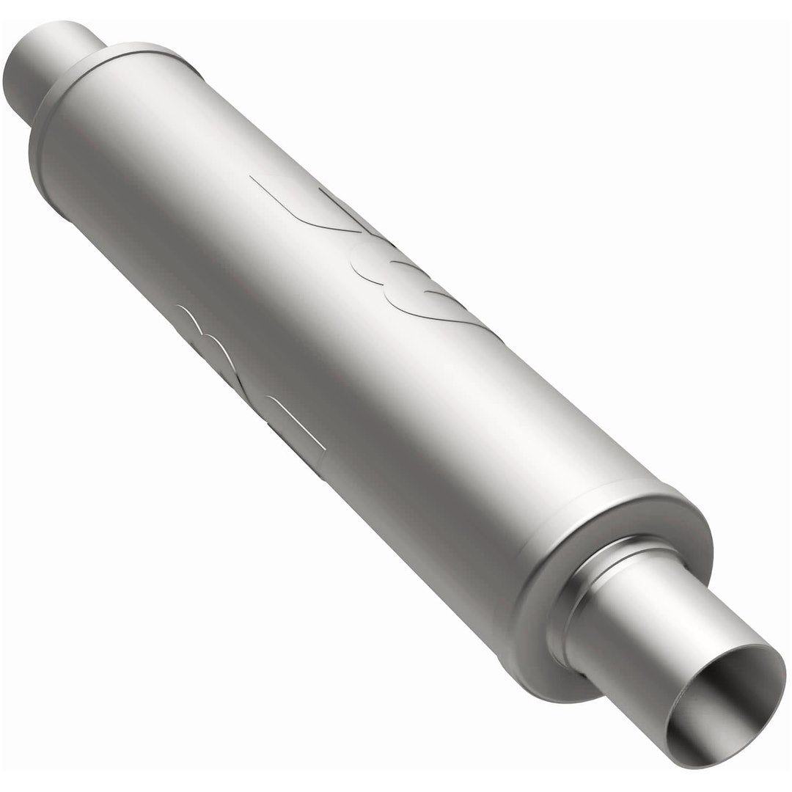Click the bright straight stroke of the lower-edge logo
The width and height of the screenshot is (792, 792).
[297, 422]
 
